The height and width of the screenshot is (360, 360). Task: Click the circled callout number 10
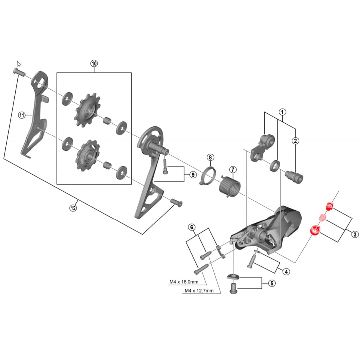[94, 63]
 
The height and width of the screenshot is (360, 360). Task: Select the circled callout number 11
[22, 115]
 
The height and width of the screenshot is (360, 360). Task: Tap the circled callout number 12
[73, 208]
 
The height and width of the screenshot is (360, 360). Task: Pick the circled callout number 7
[233, 170]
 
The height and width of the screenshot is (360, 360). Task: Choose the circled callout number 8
[210, 157]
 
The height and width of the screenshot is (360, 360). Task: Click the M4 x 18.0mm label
[184, 282]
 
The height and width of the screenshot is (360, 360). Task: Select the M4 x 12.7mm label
[199, 290]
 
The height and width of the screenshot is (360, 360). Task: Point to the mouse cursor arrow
[19, 64]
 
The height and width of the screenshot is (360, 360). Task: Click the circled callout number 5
[271, 283]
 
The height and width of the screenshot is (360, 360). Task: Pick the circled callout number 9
[192, 175]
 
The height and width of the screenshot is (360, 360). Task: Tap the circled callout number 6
[192, 227]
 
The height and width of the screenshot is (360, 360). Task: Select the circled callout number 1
[282, 112]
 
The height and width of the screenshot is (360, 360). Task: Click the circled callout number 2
[295, 140]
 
